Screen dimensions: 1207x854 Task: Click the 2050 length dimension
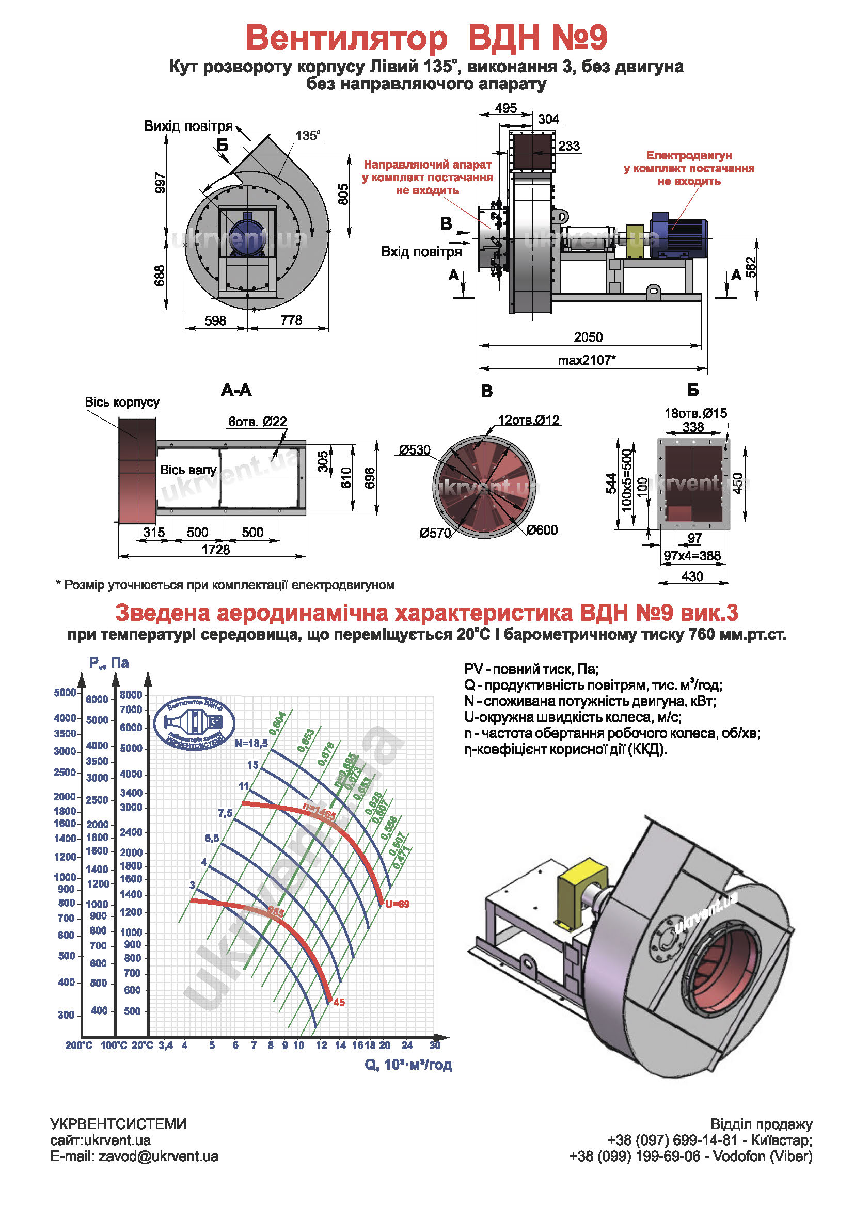(x=588, y=337)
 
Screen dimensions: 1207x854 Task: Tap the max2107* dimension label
(x=587, y=360)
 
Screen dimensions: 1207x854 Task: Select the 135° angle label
(x=308, y=136)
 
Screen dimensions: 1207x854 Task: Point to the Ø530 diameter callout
(x=415, y=450)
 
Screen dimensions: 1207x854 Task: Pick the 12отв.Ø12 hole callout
(x=529, y=420)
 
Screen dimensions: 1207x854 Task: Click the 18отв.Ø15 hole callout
(x=695, y=413)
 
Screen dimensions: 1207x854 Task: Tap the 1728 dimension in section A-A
(x=216, y=550)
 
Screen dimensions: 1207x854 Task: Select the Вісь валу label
(x=188, y=470)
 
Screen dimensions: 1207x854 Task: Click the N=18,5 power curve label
(x=251, y=743)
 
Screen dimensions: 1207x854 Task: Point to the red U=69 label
(x=397, y=904)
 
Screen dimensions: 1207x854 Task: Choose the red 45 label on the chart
(x=339, y=1003)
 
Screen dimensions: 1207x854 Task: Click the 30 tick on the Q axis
(x=434, y=1045)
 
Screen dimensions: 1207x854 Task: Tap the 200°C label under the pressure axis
(x=79, y=1045)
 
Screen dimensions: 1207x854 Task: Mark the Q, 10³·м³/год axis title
(x=408, y=1065)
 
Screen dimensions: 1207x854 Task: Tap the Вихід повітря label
(x=188, y=126)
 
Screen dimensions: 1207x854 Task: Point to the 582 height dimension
(x=751, y=267)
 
